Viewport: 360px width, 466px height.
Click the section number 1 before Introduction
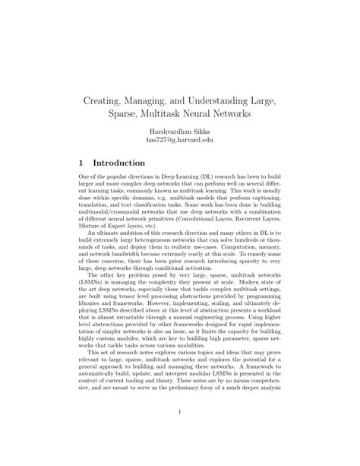[x=81, y=163]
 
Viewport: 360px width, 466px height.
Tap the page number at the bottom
[x=180, y=413]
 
